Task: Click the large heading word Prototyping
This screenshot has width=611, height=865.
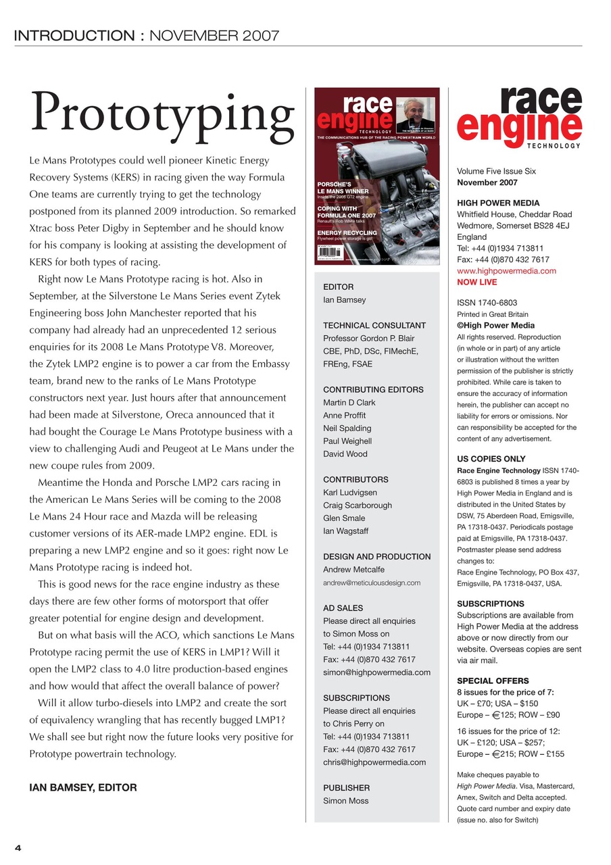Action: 162,114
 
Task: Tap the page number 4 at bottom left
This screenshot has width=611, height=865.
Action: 18,848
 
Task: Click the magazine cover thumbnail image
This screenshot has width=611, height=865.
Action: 377,176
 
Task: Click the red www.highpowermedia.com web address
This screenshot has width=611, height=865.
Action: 506,271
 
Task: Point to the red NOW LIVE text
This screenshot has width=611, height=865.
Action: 476,282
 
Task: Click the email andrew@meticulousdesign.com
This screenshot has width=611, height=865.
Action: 372,583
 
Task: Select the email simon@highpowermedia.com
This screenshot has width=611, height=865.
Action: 376,672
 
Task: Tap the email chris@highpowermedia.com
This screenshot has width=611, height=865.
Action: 374,762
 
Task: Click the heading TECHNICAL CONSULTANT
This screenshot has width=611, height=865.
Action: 374,326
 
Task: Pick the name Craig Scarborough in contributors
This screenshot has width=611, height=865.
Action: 357,505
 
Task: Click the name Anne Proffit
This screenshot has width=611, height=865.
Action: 344,416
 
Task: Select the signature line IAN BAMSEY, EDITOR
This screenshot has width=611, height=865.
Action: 83,787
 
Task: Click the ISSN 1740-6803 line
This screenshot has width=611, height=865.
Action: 487,303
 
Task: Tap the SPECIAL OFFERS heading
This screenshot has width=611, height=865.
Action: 493,681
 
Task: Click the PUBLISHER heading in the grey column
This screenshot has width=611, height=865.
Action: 346,788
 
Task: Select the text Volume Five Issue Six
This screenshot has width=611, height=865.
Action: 496,172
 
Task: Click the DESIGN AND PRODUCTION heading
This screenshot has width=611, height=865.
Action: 376,557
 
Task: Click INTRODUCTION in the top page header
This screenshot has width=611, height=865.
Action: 74,36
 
